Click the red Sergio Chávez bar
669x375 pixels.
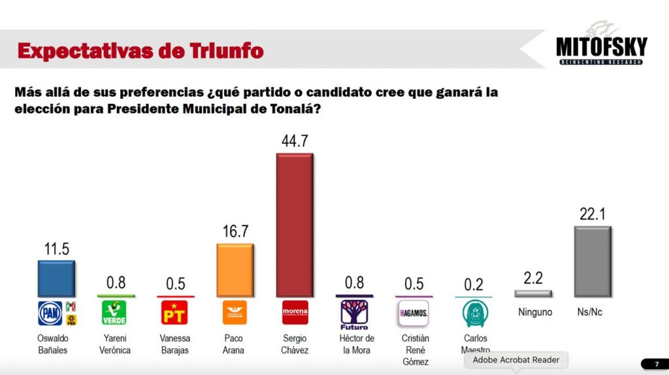(294, 225)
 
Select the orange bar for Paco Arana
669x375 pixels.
(235, 270)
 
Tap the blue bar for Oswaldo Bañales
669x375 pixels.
(56, 279)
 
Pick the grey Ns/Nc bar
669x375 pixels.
(592, 261)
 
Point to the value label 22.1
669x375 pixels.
(592, 214)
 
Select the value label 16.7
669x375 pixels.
(235, 232)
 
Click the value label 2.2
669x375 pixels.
(532, 278)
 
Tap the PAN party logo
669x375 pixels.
(50, 313)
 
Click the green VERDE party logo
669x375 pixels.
(114, 313)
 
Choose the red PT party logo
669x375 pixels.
(173, 313)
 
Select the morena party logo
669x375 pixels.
(294, 313)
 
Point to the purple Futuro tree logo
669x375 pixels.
(353, 314)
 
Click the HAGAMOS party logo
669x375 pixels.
(413, 313)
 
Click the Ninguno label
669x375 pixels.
(535, 312)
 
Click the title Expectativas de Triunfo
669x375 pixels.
(140, 50)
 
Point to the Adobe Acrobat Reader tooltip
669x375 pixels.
(516, 360)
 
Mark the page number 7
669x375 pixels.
(656, 364)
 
